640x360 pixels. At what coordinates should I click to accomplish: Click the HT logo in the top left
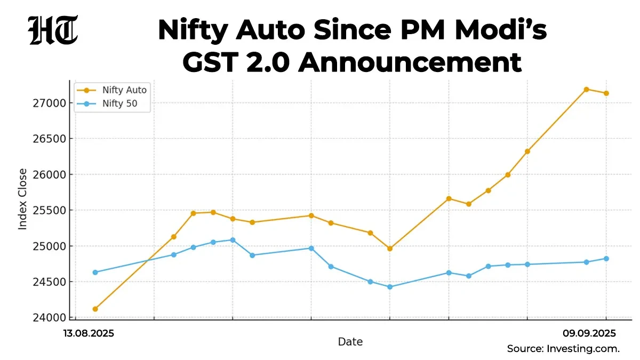[x=53, y=30]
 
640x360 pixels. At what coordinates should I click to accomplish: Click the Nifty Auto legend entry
[x=124, y=90]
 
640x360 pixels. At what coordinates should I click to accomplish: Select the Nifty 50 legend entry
[x=119, y=104]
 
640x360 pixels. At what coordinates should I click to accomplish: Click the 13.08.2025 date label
[x=89, y=333]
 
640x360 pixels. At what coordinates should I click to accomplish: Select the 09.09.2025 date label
[x=589, y=333]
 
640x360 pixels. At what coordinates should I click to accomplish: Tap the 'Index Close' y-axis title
[x=23, y=199]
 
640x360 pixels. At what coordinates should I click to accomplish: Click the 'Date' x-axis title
[x=350, y=342]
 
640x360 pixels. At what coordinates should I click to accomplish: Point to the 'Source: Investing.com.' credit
[x=563, y=349]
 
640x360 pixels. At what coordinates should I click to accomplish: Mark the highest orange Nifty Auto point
[x=586, y=90]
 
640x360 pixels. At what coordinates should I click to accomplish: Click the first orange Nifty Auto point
[x=95, y=309]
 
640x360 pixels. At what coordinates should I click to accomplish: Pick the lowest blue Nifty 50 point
[x=389, y=287]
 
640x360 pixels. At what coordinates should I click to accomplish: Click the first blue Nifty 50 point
[x=95, y=273]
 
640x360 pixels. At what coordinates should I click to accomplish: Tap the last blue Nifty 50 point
[x=606, y=259]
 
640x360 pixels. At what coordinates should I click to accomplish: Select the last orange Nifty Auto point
[x=606, y=93]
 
